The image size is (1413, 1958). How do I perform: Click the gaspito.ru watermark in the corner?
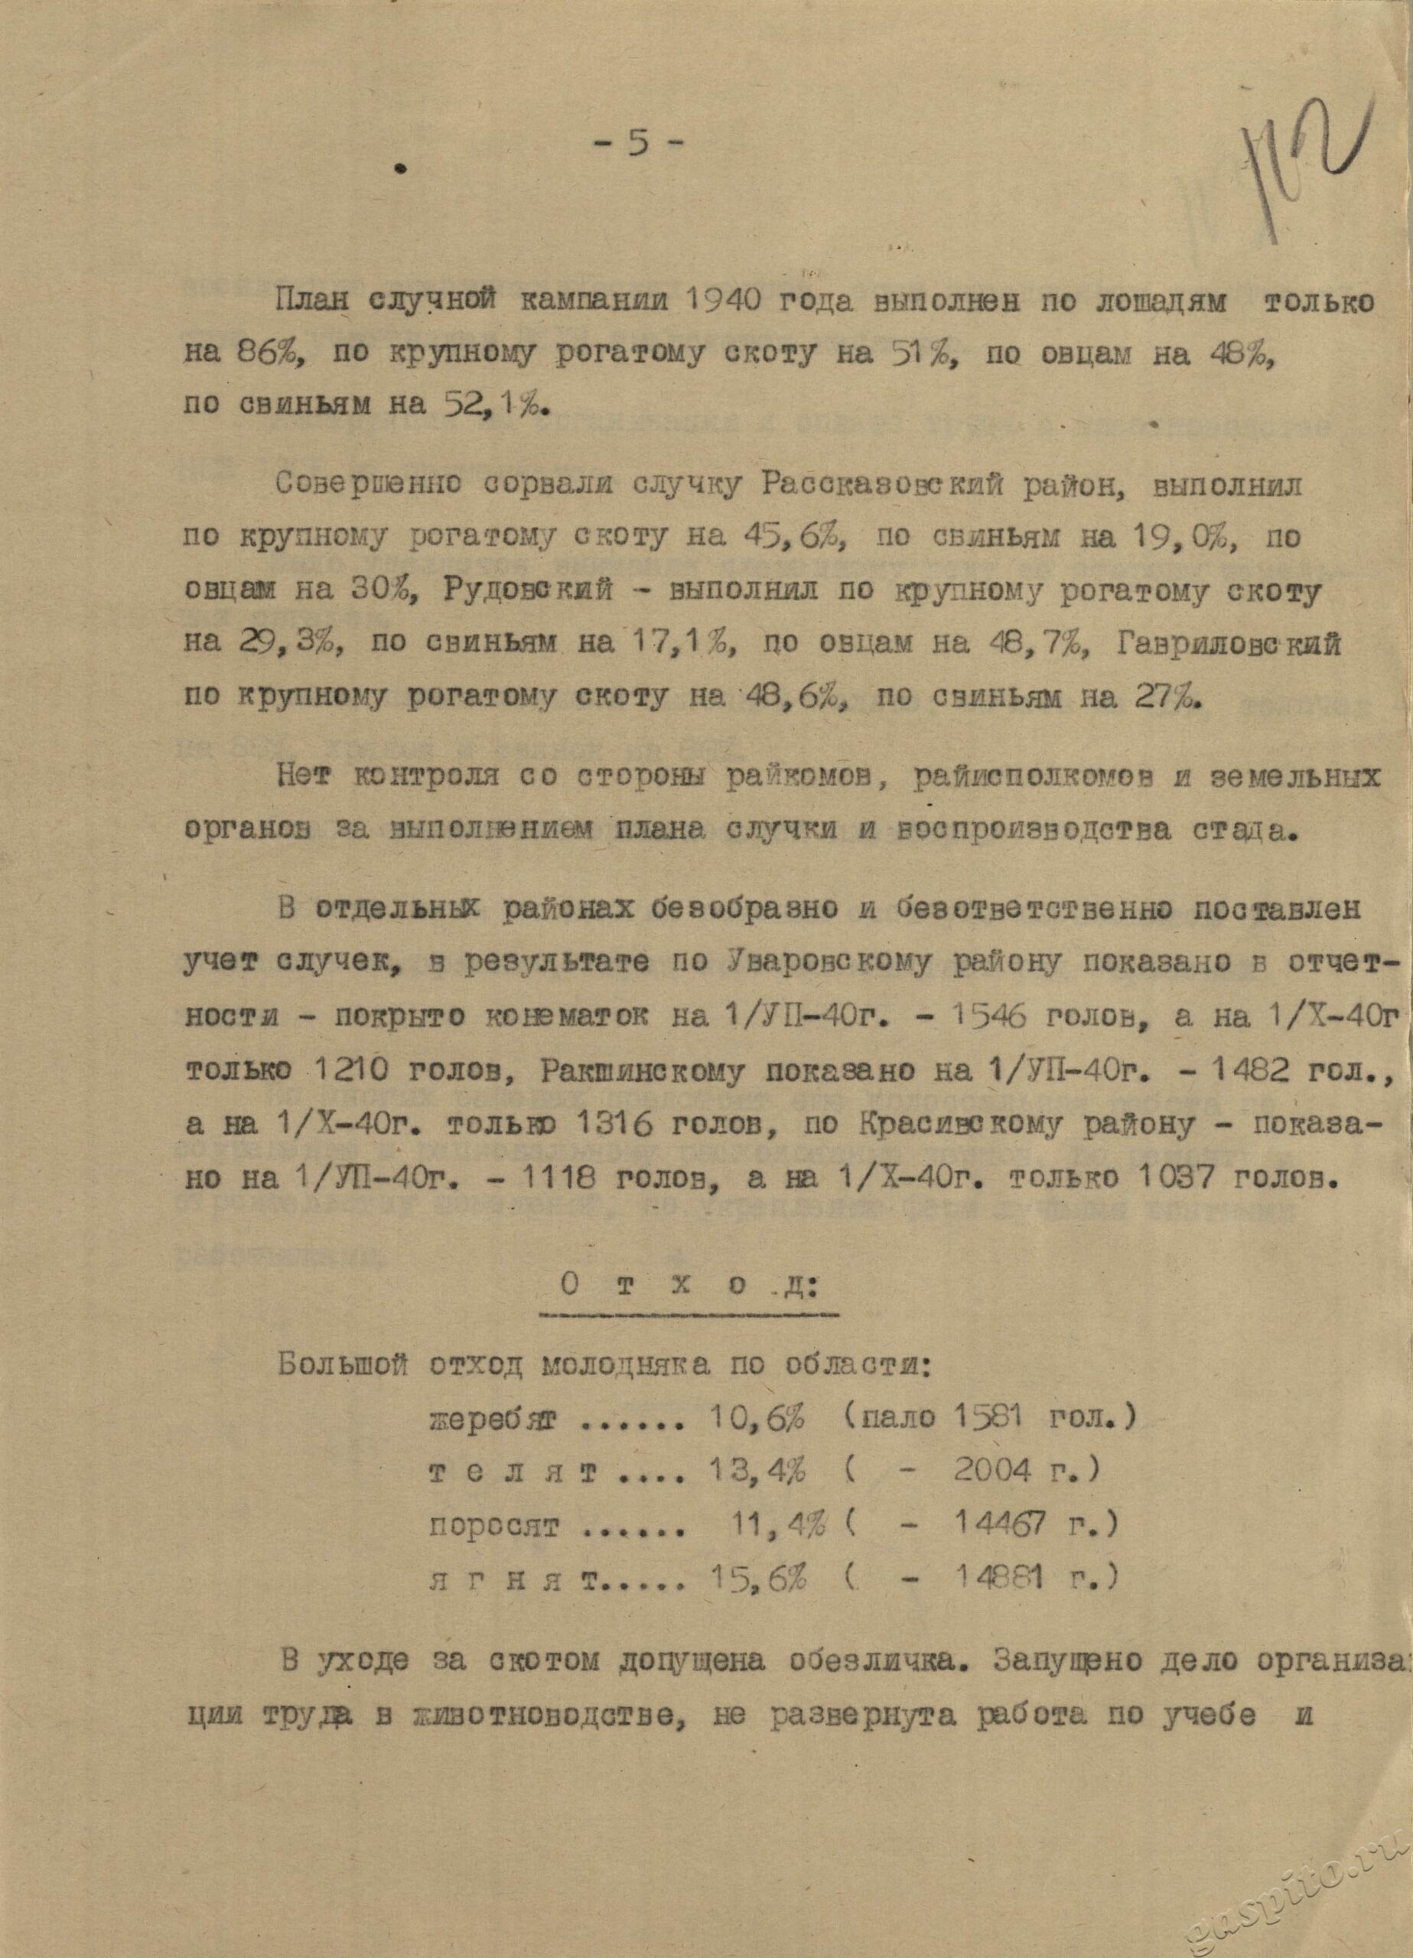[1278, 1882]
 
